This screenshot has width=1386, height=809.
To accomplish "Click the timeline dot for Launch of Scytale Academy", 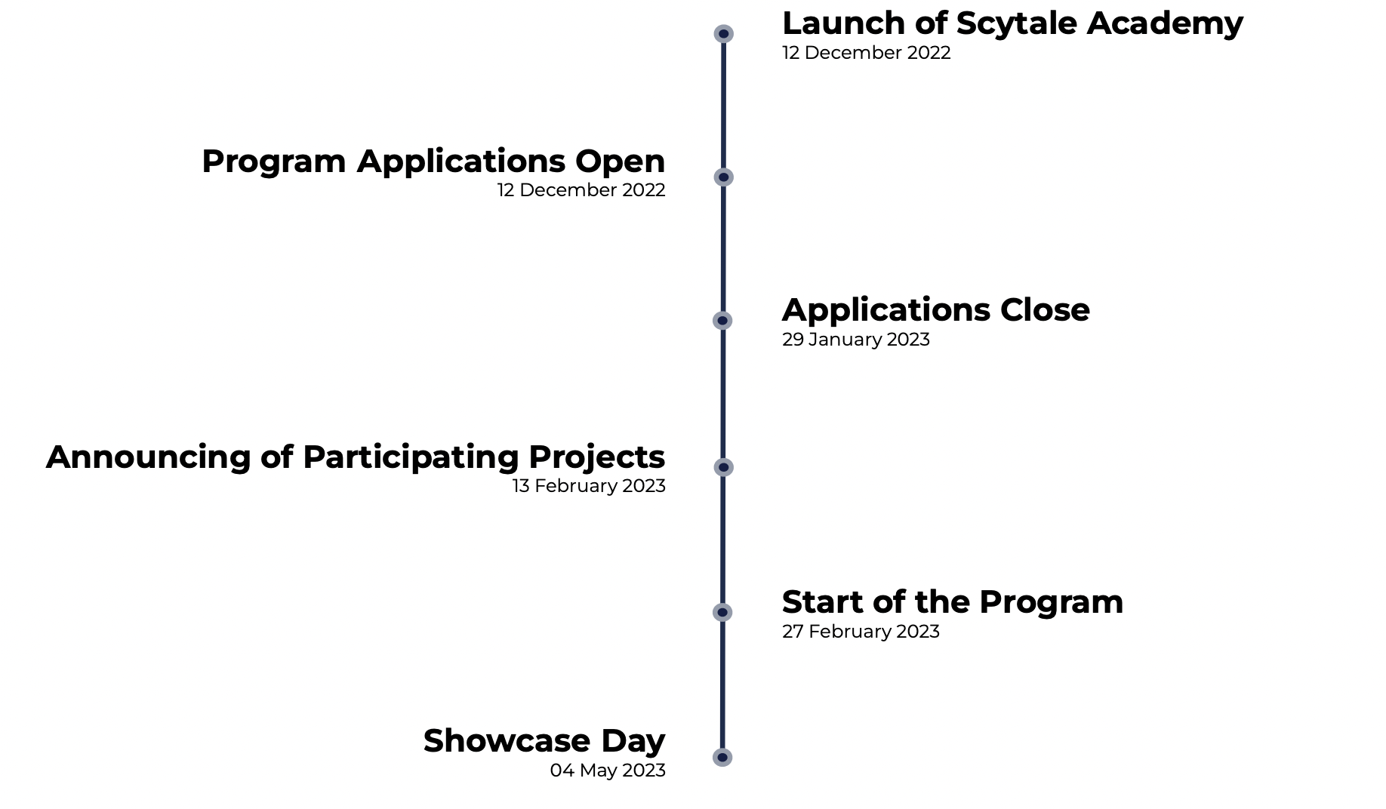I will [x=723, y=34].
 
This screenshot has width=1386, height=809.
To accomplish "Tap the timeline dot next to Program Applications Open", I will [x=723, y=177].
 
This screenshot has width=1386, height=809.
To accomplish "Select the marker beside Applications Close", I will [x=722, y=321].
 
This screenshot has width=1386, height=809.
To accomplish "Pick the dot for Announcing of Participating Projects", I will [x=723, y=467].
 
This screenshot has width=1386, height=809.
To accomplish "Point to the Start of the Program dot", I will [x=722, y=612].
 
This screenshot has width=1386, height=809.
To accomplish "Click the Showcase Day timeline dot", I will [x=722, y=757].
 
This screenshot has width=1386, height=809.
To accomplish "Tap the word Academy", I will [x=1165, y=24].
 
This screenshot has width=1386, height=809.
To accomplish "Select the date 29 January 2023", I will [x=855, y=340].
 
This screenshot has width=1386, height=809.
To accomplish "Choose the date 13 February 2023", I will [x=589, y=486].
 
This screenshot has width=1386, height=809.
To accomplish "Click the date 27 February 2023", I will [x=861, y=632].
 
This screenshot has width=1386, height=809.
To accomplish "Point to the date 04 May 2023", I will [x=608, y=771].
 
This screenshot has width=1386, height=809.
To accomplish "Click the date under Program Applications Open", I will [x=581, y=190].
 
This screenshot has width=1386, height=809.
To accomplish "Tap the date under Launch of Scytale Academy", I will [x=866, y=53].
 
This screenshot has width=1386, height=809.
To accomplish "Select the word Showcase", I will [x=507, y=741].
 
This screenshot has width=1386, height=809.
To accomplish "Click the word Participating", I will [x=411, y=458].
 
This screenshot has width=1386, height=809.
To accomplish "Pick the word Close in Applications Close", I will [x=1045, y=310].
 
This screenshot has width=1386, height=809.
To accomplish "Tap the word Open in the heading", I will [x=620, y=161].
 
